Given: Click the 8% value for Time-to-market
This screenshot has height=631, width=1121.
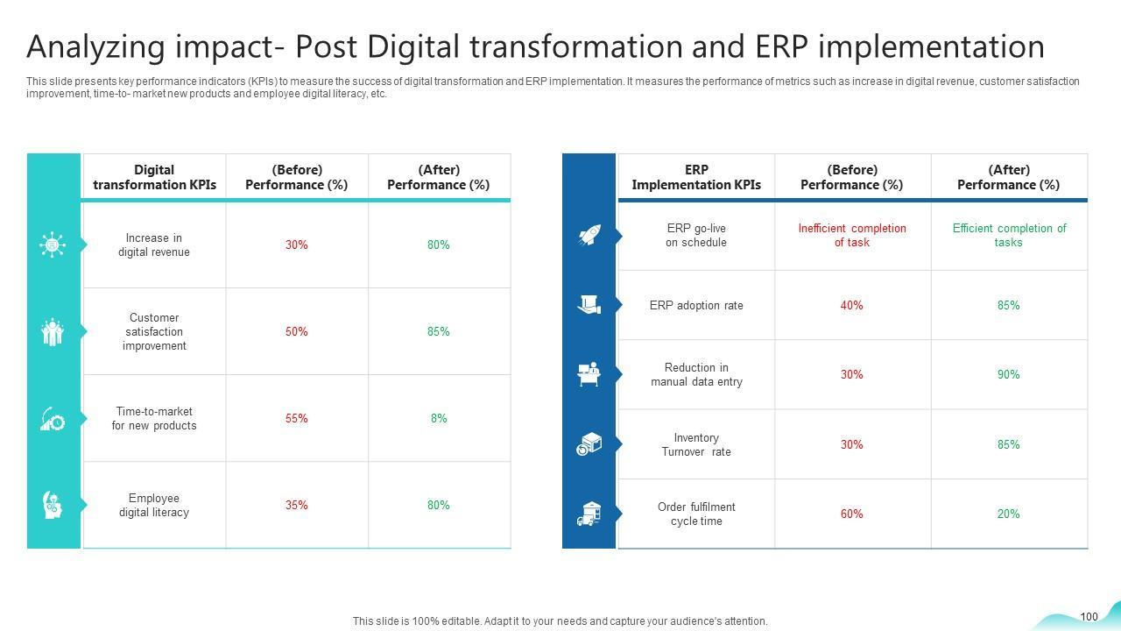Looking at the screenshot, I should point(439,419).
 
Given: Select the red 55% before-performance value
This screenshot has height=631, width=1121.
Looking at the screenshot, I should point(297,419).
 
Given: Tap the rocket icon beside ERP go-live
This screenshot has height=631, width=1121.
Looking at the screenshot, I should point(589,235).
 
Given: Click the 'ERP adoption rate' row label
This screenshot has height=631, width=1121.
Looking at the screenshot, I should point(696,306).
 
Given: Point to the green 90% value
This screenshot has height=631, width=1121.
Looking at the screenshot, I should point(1008,375).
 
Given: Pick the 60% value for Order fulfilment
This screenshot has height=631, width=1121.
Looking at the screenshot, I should point(852,514).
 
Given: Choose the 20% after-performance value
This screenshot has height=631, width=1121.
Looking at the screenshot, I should point(1008,514).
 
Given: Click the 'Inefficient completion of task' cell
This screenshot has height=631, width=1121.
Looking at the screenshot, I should point(852,236).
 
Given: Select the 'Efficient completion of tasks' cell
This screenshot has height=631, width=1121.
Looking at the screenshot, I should point(1009,236).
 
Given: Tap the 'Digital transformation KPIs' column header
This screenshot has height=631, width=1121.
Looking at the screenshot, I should point(154,177).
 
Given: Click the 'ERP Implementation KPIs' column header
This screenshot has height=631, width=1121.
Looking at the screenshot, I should point(696,177).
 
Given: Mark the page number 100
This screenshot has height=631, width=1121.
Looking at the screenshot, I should point(1089,617).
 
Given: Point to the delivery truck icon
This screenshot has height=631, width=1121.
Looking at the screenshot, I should point(589,514).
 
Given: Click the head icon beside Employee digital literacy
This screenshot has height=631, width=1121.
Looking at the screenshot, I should point(53,505).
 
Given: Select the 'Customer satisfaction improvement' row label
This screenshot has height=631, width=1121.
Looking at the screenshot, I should point(154,332).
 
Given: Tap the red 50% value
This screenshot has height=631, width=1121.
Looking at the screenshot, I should point(297,332).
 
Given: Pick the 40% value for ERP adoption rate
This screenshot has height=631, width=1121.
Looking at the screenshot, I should point(852,306).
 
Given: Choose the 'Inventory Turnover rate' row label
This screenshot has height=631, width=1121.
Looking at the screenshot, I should point(696,445).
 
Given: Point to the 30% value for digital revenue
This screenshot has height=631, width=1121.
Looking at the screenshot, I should point(297,245).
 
